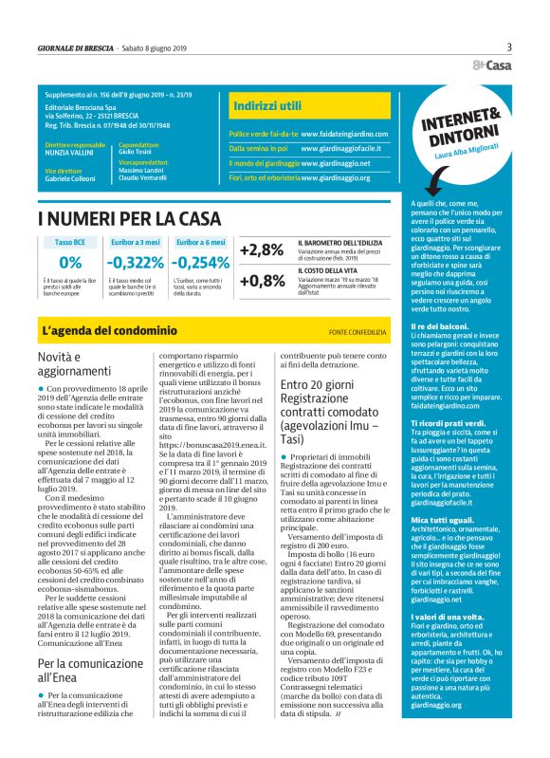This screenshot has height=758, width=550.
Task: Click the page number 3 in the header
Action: (509, 47)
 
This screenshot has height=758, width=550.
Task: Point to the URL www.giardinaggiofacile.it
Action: (345, 148)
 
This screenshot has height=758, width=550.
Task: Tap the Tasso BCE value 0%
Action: (70, 263)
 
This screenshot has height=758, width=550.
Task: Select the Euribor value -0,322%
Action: (135, 263)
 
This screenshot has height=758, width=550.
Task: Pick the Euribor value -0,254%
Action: (201, 263)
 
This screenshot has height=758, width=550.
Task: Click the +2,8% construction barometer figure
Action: (263, 250)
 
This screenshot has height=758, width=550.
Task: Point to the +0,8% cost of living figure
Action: (263, 281)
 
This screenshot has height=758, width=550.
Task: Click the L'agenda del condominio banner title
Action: (110, 331)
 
